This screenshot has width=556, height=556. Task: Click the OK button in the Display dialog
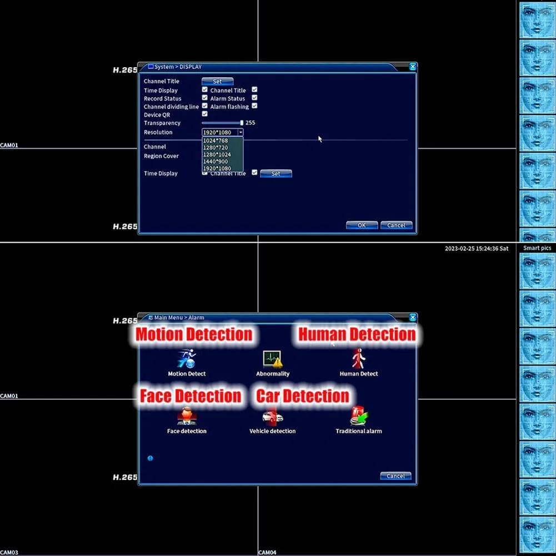coord(362,226)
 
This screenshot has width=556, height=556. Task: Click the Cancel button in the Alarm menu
coord(395,476)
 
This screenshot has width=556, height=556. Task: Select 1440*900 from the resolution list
coord(216,162)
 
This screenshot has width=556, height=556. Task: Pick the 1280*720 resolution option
coord(216,148)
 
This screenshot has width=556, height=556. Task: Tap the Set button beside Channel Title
coord(217,82)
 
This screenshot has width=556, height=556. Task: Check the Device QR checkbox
coord(204,114)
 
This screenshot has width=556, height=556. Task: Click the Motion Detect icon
coord(187,359)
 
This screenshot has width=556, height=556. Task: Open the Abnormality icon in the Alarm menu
coord(273,359)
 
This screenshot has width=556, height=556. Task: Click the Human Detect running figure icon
coord(359,359)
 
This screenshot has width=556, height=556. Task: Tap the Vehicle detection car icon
coord(273,417)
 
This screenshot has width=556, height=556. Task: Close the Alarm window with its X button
coord(413,317)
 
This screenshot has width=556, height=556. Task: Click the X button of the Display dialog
coord(413,67)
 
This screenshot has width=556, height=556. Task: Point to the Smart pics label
coord(537,248)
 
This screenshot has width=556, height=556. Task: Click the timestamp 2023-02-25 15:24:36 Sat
coord(476,249)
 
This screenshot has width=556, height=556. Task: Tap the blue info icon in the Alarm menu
coord(150,458)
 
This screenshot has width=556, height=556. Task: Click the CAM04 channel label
coord(267,553)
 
